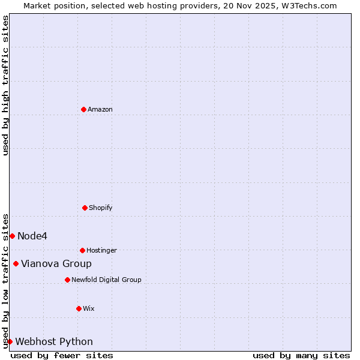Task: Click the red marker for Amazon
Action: (83, 109)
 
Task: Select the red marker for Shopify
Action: (85, 208)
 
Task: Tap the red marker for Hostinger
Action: (82, 250)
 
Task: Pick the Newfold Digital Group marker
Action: (67, 280)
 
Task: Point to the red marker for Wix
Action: (79, 308)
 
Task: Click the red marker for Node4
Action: (12, 236)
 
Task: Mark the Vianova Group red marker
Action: (16, 263)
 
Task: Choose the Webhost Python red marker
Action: (10, 341)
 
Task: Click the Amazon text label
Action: (100, 109)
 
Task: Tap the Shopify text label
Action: (101, 208)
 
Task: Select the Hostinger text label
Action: (101, 250)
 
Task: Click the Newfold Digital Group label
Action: (106, 280)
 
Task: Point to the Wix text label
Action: (89, 308)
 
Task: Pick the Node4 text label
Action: (32, 236)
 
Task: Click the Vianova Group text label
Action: (56, 263)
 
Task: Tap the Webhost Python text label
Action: (54, 341)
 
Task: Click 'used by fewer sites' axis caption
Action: (62, 355)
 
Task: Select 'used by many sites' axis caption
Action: (301, 355)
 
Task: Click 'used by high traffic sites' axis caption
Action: (5, 85)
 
